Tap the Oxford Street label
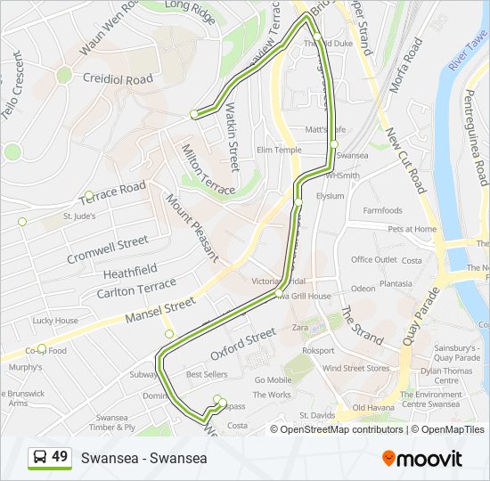pyautogui.click(x=243, y=344)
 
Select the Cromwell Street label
pyautogui.click(x=107, y=249)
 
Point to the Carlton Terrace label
pyautogui.click(x=136, y=288)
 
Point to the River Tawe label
pyautogui.click(x=470, y=53)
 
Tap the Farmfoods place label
pyautogui.click(x=382, y=211)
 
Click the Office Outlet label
pyautogui.click(x=374, y=260)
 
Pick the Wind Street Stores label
pyautogui.click(x=355, y=368)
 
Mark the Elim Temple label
pyautogui.click(x=278, y=150)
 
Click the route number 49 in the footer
pyautogui.click(x=60, y=457)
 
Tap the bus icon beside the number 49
pyautogui.click(x=40, y=458)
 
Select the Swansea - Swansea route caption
pyautogui.click(x=143, y=458)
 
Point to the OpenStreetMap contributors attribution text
pyautogui.click(x=341, y=429)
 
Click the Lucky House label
pyautogui.click(x=55, y=321)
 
